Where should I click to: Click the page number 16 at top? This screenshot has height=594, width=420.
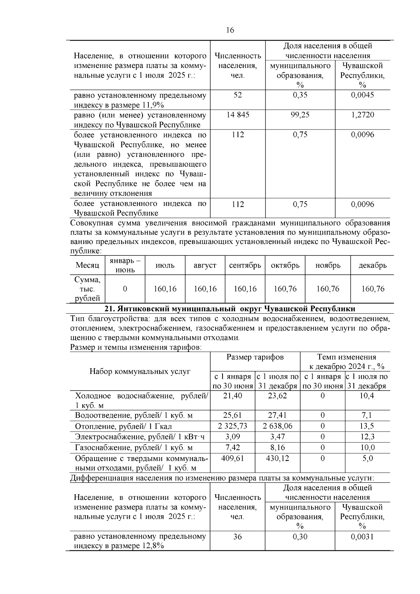coord(230,30)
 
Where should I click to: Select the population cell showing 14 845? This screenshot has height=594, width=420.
coord(238,115)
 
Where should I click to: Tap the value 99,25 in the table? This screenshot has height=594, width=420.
coord(300,115)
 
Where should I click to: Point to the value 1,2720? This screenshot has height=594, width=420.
coord(363,115)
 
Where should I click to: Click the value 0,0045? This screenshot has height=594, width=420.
coord(363,95)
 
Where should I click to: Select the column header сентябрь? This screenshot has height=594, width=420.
coord(245,265)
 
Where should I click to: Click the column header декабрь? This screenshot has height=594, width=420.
coord(372,265)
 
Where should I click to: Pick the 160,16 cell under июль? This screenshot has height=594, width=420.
coord(165,289)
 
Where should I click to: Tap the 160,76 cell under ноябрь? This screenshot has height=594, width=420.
coord(328,289)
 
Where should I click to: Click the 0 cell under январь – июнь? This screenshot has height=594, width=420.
coord(125,289)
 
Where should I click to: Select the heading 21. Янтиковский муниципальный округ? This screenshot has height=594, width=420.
coord(230,309)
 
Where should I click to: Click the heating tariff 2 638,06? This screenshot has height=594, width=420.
coord(278,426)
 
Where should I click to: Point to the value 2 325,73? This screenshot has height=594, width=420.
coord(233,426)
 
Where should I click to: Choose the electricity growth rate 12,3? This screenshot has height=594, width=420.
coord(367,437)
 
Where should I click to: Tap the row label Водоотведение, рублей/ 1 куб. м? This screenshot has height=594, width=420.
coord(134,415)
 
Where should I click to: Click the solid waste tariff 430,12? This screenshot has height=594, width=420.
coord(278,458)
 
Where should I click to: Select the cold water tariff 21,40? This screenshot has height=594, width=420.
coord(233,396)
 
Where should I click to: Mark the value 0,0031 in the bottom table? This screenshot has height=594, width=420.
coord(363,537)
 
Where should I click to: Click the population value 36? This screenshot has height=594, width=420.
coord(237,537)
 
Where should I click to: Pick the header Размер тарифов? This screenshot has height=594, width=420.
coord(255,357)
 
